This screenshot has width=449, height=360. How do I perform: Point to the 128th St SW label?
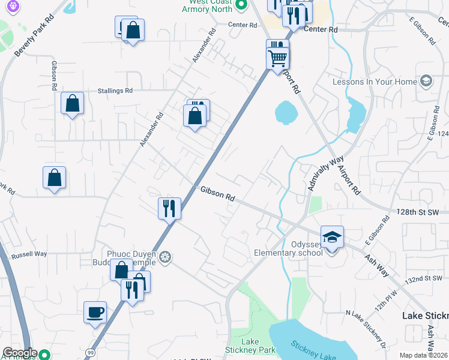tap(419, 212)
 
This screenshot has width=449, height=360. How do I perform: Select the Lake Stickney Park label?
tap(250, 344)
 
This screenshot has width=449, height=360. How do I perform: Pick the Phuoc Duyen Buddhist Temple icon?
tap(165, 258)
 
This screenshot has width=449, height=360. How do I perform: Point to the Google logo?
tap(20, 353)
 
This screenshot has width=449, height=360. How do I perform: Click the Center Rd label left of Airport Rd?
tap(242, 25)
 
